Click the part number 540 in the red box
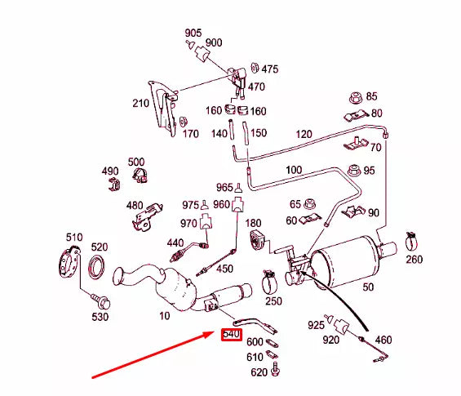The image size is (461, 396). coord(232,335)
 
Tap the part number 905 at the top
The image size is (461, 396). coord(193,33)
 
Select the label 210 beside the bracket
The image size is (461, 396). coord(141,104)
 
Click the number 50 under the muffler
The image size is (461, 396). coord(368,287)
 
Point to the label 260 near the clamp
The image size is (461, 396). coord(414,260)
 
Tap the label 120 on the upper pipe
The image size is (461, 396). coord(304,134)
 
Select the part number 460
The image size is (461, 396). coord(383,339)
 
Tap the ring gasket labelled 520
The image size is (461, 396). coord(97,265)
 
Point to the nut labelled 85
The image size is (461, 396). coord(355,97)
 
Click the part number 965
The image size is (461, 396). coord(224,188)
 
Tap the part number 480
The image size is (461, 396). coord(135,206)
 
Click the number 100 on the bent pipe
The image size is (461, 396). coord(294,170)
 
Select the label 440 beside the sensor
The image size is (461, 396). coord(175,242)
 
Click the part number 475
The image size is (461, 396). coord(269,69)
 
